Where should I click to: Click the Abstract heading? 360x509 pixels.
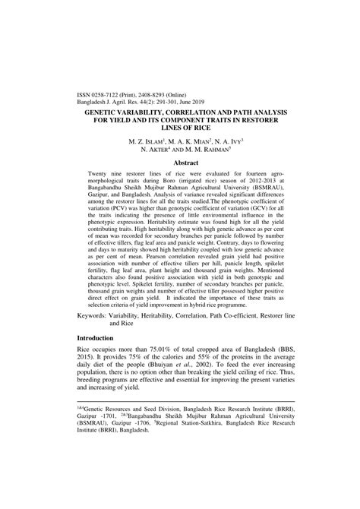[x=179, y=163]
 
